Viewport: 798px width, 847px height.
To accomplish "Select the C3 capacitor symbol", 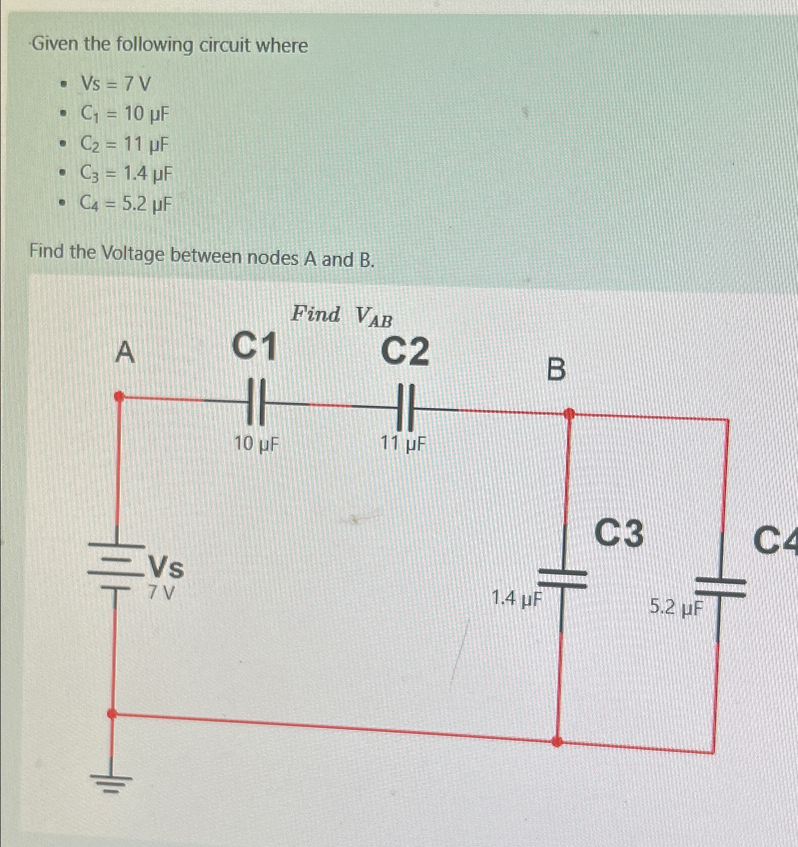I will pyautogui.click(x=563, y=578).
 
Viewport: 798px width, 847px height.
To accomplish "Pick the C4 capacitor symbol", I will pyautogui.click(x=720, y=587).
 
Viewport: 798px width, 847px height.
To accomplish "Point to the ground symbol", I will pyautogui.click(x=111, y=783).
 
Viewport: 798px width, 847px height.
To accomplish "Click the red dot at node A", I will pyautogui.click(x=119, y=397).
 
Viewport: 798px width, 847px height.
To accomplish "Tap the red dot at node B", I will pyautogui.click(x=569, y=414).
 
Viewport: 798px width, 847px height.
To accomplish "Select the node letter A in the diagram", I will pyautogui.click(x=125, y=352).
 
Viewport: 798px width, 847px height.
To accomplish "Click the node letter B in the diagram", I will pyautogui.click(x=555, y=370).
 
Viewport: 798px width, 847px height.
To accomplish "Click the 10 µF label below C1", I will pyautogui.click(x=257, y=444).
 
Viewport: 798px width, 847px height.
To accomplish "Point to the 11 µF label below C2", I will pyautogui.click(x=403, y=444).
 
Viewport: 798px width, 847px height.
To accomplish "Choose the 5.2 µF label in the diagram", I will pyautogui.click(x=676, y=607).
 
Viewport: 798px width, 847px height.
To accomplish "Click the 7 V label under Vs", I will pyautogui.click(x=162, y=593).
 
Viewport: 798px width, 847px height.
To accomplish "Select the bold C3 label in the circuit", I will pyautogui.click(x=619, y=533).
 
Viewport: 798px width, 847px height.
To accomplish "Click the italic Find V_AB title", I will pyautogui.click(x=342, y=316).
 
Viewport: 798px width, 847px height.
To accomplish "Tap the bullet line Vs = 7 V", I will pyautogui.click(x=116, y=84).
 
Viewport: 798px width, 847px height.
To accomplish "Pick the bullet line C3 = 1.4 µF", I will pyautogui.click(x=126, y=174).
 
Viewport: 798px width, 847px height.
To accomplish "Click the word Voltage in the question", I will pyautogui.click(x=133, y=254).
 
